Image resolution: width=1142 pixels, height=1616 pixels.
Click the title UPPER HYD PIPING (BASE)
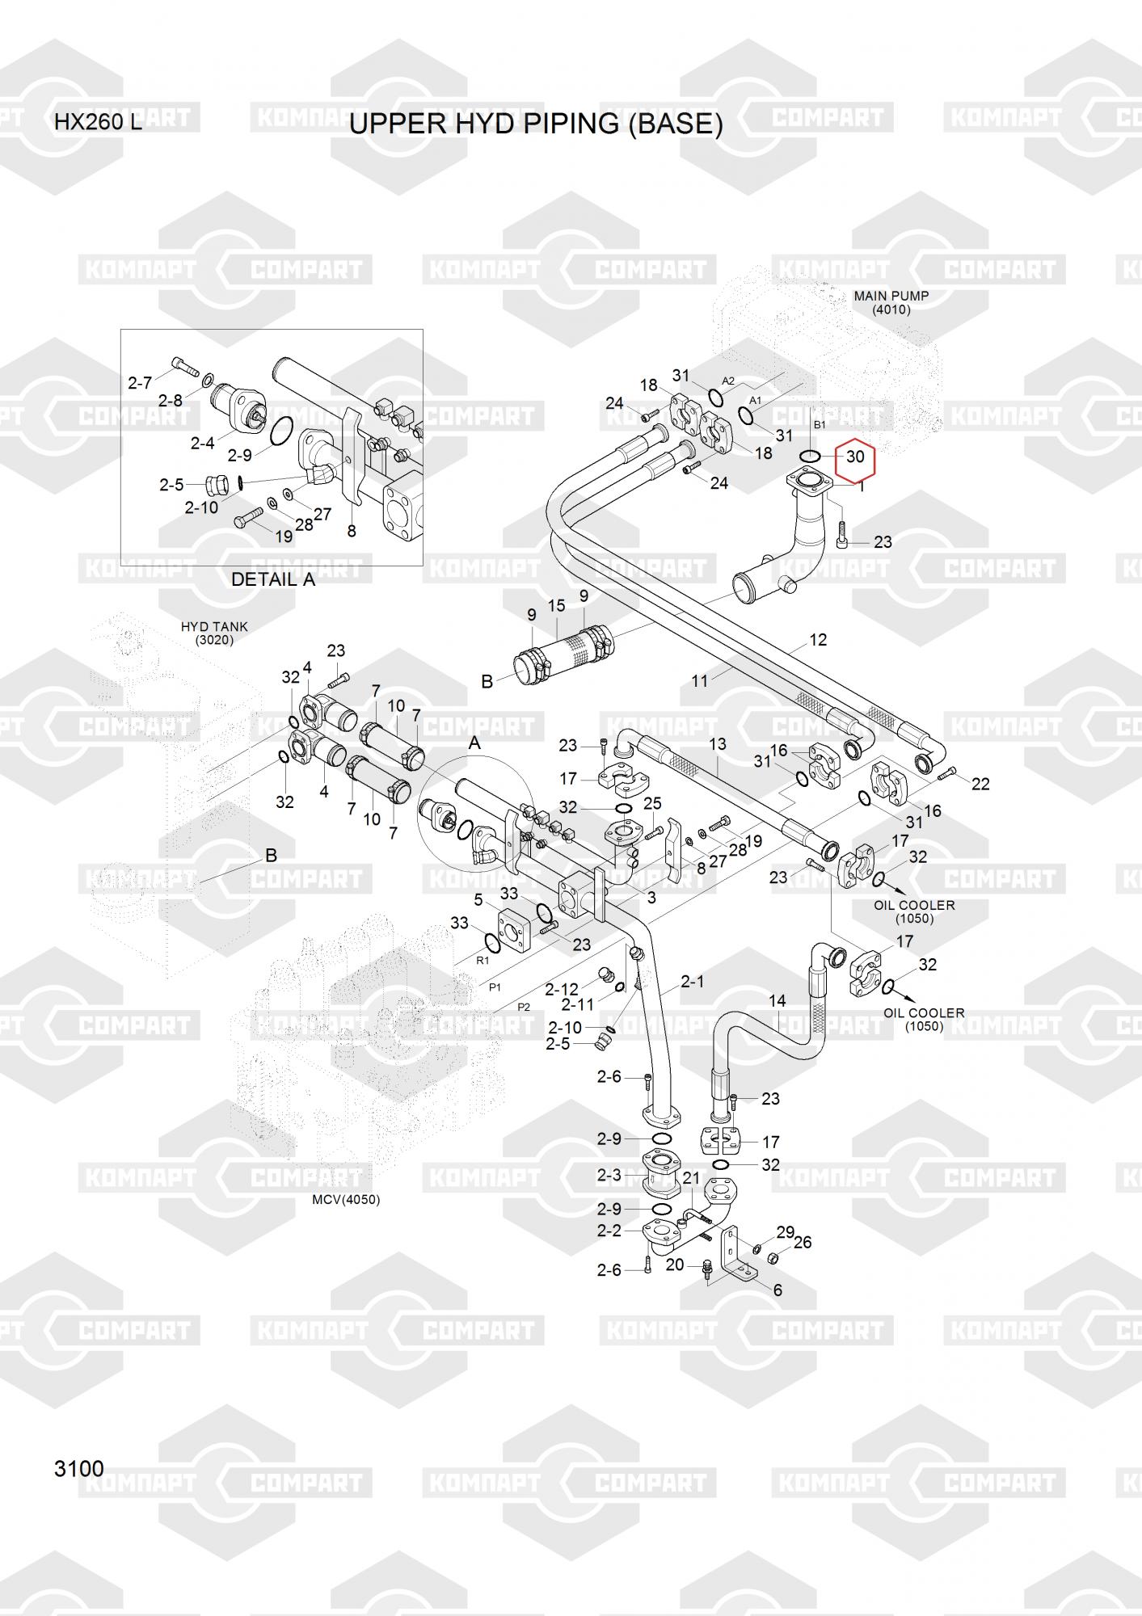pos(536,124)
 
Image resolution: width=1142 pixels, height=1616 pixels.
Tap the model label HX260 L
pos(98,123)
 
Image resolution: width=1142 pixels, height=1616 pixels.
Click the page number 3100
pos(79,1468)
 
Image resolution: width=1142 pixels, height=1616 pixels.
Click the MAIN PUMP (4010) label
pos(891,302)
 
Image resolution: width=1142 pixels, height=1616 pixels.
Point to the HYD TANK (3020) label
pos(214,633)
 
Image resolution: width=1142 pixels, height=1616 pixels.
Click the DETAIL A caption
pos(273,579)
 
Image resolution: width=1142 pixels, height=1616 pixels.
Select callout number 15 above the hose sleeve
pos(556,606)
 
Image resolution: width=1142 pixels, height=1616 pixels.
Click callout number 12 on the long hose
pos(818,640)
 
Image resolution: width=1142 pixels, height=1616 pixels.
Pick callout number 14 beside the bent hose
pos(777,1001)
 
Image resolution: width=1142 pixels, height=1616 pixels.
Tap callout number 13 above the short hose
pos(718,744)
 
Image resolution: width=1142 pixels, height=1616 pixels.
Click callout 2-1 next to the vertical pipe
pos(692,982)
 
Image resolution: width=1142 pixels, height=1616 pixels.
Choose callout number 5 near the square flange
pos(478,900)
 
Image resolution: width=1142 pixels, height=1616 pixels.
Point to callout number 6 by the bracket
pos(777,1290)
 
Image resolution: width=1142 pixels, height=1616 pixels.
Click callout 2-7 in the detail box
pos(140,383)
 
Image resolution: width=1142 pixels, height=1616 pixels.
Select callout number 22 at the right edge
pos(980,784)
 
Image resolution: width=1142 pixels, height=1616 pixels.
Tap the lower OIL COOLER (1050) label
pos(924,1020)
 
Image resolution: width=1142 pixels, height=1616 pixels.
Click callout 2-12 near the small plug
pos(562,990)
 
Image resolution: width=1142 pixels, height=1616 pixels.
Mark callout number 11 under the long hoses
pos(700,681)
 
